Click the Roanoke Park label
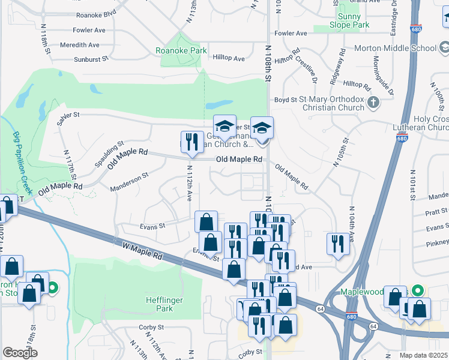[x=181, y=51]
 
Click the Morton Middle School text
[x=403, y=48]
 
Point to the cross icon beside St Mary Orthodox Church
[x=373, y=103]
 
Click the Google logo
[x=20, y=353]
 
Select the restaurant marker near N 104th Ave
[x=337, y=244]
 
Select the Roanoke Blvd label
[x=95, y=14]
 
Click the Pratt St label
[x=436, y=211]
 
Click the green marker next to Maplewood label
[x=420, y=290]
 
